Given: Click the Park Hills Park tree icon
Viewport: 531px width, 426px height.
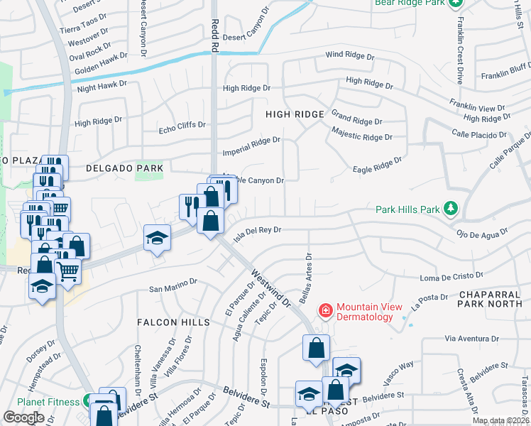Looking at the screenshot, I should tap(449, 209).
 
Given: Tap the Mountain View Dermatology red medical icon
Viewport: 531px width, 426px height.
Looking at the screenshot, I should tap(326, 311).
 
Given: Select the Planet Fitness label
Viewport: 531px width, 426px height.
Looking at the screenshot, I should tap(48, 402).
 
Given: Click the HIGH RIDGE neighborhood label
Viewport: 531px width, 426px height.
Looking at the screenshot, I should tap(295, 114).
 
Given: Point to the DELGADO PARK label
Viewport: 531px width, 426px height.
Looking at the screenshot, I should tap(124, 168).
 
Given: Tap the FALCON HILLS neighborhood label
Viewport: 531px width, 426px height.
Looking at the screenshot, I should tap(175, 322).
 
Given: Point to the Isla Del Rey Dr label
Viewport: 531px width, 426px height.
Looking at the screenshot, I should tap(258, 230).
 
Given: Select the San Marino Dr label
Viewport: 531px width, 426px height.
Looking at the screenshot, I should tap(173, 285).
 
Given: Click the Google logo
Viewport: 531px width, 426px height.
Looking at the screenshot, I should tap(23, 417).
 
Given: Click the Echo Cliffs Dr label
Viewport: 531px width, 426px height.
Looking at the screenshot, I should tap(182, 127).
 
